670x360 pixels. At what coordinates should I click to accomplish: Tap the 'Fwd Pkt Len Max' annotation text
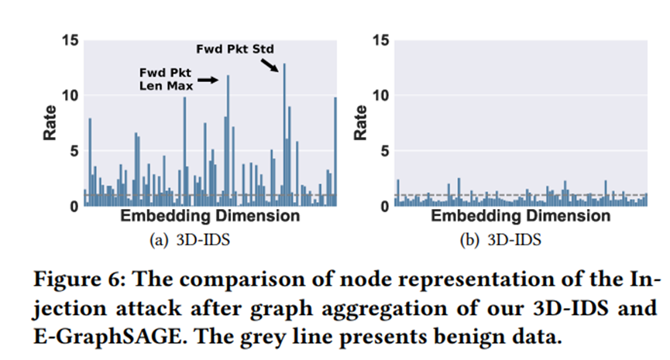coord(164,79)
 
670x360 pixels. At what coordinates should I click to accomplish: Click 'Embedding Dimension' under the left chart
coord(209,216)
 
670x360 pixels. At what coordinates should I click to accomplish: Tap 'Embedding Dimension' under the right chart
coord(521,216)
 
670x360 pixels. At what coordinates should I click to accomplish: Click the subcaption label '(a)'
coord(157,240)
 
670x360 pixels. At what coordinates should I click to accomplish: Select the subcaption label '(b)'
coord(469,240)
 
